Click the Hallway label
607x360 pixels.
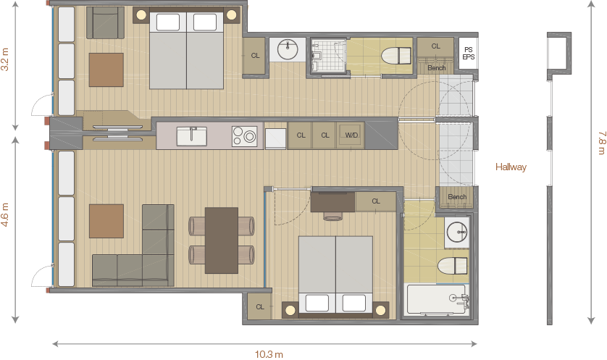(x=511, y=167)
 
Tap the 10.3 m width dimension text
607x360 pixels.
(x=269, y=354)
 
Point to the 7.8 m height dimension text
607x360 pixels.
(x=601, y=143)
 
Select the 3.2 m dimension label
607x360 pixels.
(x=5, y=59)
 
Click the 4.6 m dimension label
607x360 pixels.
(x=5, y=215)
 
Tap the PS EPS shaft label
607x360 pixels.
(x=469, y=53)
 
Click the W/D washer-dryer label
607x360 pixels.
(x=351, y=135)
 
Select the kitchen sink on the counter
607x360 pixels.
(x=191, y=136)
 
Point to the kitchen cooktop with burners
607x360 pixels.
(x=244, y=136)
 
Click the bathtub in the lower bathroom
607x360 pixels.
(x=436, y=299)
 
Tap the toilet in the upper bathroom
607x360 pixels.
(x=396, y=56)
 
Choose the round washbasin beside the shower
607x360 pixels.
(x=288, y=49)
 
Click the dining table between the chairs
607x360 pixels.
(x=222, y=240)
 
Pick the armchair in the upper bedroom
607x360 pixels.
(x=105, y=22)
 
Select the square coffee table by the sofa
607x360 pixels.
(x=106, y=221)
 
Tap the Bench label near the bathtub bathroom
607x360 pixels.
(x=457, y=196)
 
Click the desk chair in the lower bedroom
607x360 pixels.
(x=332, y=216)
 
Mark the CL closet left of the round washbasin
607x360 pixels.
(x=255, y=56)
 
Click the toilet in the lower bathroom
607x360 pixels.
(x=453, y=266)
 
